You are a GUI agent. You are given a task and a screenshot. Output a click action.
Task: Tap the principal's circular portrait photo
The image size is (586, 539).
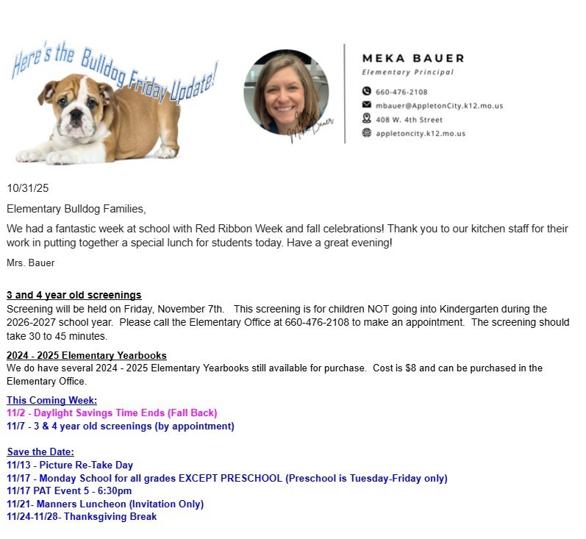(287, 92)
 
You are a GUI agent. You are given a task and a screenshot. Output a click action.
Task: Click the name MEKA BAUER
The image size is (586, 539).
(413, 58)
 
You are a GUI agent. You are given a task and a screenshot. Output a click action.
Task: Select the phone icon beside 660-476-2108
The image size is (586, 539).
(367, 92)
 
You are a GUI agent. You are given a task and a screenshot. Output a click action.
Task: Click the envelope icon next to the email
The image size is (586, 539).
(367, 106)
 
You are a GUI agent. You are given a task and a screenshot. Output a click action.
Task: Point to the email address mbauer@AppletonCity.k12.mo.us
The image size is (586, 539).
(439, 106)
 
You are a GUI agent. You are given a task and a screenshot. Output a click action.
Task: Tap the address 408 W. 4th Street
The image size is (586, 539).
(409, 119)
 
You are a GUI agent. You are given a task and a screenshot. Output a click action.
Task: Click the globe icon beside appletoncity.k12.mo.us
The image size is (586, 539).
(367, 133)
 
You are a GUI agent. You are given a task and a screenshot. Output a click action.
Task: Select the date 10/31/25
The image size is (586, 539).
(28, 189)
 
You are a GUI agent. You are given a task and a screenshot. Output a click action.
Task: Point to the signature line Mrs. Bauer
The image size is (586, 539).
(31, 263)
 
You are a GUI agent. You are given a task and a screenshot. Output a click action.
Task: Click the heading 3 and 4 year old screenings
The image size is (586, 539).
(74, 295)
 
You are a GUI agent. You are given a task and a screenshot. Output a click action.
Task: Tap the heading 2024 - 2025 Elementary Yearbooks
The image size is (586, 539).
(87, 355)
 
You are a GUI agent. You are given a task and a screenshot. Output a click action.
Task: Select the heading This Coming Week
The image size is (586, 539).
(52, 400)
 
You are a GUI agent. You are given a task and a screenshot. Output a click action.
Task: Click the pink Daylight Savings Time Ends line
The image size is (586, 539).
(112, 413)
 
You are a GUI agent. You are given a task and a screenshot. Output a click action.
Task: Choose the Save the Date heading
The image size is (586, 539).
(40, 451)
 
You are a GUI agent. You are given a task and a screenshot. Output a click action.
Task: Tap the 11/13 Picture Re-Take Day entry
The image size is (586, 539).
(70, 465)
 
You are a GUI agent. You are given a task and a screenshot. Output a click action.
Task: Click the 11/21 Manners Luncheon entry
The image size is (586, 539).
(105, 504)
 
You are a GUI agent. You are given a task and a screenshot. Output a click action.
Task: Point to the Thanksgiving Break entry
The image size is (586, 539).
(82, 516)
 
